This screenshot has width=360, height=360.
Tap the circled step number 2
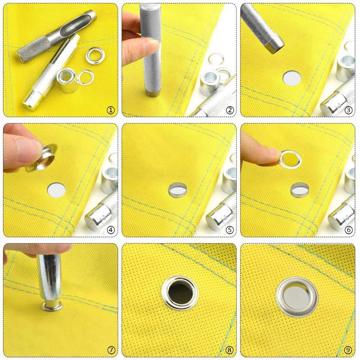(229, 110)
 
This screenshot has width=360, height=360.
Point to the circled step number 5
(229, 229)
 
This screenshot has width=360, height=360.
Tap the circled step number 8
(229, 350)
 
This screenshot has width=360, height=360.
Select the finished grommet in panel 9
(297, 296)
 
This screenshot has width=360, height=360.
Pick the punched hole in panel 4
(56, 190)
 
